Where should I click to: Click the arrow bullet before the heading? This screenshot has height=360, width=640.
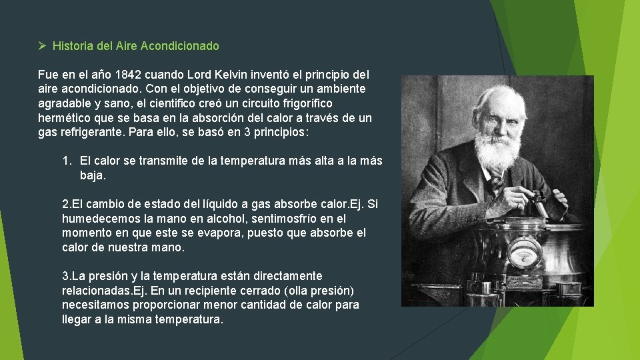(41, 46)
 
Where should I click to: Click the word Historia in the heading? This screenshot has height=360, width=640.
(72, 46)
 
